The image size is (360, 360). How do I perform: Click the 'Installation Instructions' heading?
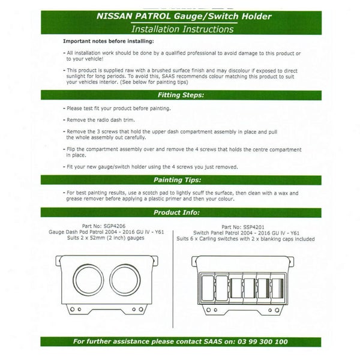(x=180, y=28)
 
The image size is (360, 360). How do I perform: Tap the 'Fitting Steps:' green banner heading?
(x=180, y=95)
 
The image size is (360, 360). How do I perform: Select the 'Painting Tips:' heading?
(x=180, y=179)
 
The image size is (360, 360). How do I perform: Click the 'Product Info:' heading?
(x=180, y=212)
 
